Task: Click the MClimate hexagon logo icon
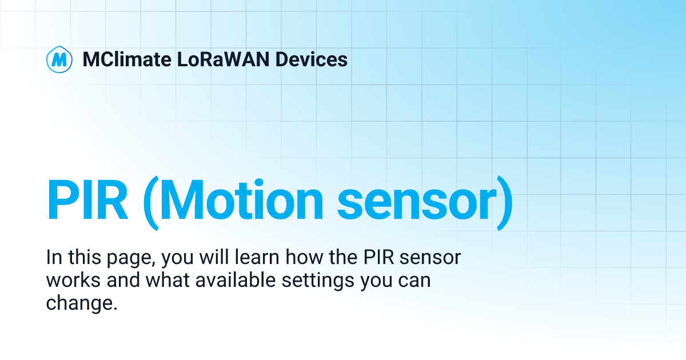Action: click(x=59, y=59)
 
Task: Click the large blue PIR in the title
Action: click(x=87, y=201)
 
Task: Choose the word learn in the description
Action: click(x=258, y=258)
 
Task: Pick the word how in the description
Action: click(x=301, y=258)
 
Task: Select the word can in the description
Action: click(x=414, y=281)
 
